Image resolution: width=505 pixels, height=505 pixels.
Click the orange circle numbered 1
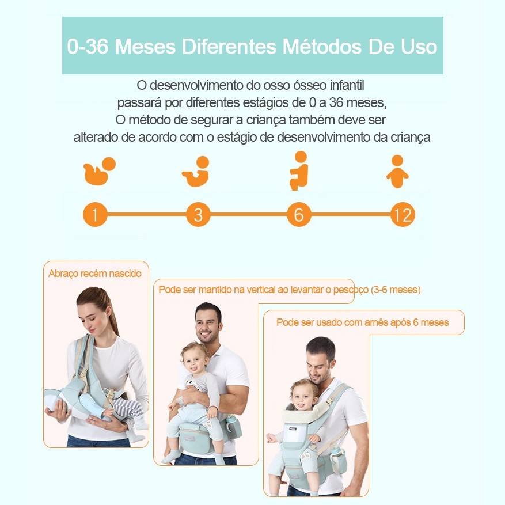[x=95, y=214]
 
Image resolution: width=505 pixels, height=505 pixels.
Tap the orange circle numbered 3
[x=198, y=214]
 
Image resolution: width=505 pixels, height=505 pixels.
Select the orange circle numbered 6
[x=299, y=214]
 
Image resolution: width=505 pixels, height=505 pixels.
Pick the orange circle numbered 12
[x=403, y=215]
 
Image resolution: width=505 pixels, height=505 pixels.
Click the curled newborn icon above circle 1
[x=99, y=172]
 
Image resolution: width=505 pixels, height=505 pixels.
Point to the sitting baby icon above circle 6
[x=300, y=170]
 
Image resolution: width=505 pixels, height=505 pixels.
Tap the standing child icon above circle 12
[x=397, y=172]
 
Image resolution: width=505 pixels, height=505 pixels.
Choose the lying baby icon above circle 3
[x=196, y=172]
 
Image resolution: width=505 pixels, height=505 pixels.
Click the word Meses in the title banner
[x=145, y=47]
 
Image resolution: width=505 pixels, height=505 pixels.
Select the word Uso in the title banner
[x=419, y=47]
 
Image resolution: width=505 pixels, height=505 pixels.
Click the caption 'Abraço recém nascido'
[x=95, y=274]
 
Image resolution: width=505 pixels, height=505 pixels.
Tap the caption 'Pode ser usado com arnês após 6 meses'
[x=363, y=322]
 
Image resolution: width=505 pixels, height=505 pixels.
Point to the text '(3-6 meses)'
[x=396, y=290]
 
